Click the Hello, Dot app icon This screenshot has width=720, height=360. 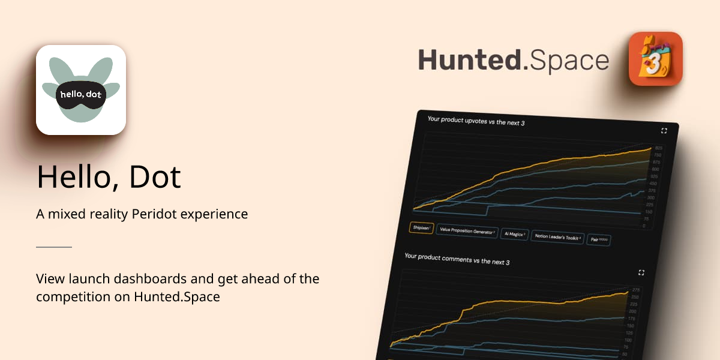81,90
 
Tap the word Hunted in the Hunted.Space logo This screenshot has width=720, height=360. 470,61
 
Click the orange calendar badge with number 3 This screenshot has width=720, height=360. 655,59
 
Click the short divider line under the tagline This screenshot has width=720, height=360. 54,247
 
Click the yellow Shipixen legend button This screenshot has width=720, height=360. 421,228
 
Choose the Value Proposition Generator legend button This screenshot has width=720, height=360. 467,231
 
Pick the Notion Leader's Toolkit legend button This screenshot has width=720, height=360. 557,237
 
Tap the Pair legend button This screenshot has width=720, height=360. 599,239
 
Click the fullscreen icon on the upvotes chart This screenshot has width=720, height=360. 664,130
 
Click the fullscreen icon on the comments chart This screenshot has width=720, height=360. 641,272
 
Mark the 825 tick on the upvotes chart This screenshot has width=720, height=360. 658,148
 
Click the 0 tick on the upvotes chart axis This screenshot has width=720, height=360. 644,226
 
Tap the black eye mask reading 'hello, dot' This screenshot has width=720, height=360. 81,94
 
